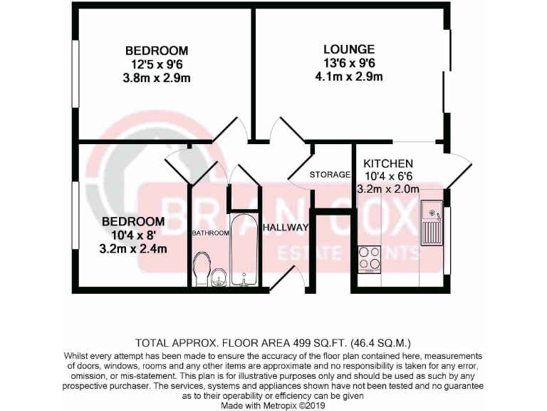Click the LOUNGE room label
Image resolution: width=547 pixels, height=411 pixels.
click(x=348, y=49)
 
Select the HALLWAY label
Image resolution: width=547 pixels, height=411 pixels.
click(x=285, y=228)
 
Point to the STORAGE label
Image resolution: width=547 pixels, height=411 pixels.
click(x=330, y=175)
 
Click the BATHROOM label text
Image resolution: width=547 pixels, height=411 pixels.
click(x=209, y=233)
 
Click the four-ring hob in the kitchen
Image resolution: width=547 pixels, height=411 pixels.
click(x=369, y=258)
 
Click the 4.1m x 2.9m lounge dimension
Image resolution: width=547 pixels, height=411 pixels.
click(x=348, y=76)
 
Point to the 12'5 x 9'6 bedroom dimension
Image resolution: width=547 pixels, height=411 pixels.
click(x=157, y=64)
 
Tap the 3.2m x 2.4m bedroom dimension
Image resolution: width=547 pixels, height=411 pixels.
click(x=133, y=249)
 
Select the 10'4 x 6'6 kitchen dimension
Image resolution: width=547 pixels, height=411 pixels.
click(x=388, y=176)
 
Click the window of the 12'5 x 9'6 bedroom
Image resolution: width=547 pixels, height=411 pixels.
click(x=74, y=71)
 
